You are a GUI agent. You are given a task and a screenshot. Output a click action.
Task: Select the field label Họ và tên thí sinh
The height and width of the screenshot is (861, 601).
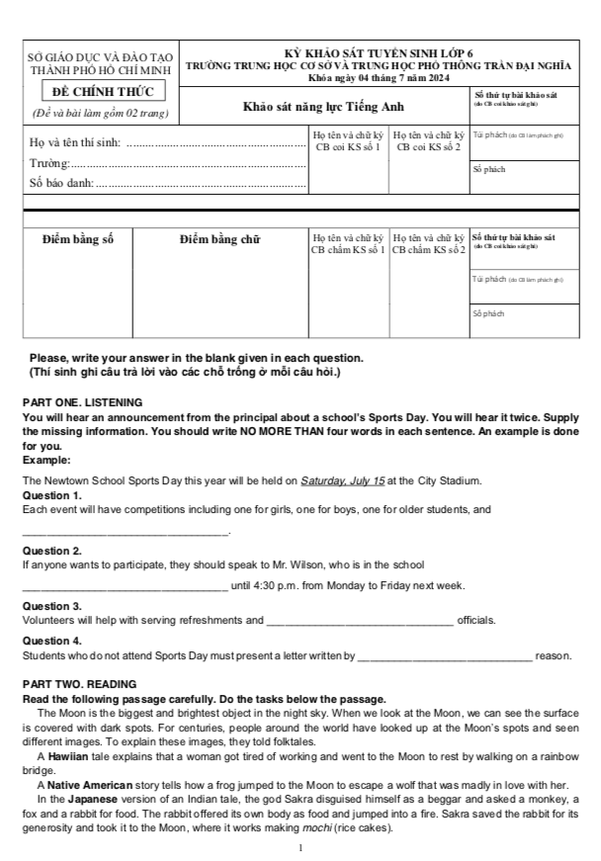click(x=75, y=143)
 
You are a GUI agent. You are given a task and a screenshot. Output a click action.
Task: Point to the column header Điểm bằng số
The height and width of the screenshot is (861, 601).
click(x=79, y=238)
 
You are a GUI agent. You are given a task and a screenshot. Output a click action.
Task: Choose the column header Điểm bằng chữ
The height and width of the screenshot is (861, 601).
click(x=219, y=238)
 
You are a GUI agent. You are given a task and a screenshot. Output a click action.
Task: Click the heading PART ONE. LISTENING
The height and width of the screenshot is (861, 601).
click(x=83, y=402)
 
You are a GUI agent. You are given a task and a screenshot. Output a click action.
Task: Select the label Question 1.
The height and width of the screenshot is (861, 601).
click(x=51, y=495)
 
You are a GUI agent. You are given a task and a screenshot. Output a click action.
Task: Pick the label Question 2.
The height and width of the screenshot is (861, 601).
click(x=51, y=551)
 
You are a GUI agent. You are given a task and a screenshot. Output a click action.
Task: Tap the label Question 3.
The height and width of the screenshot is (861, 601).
click(x=51, y=606)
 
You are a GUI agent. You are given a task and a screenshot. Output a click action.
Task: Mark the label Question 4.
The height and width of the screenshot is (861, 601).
click(x=51, y=641)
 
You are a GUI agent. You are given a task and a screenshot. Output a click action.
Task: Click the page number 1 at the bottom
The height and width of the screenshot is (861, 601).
click(x=300, y=848)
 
